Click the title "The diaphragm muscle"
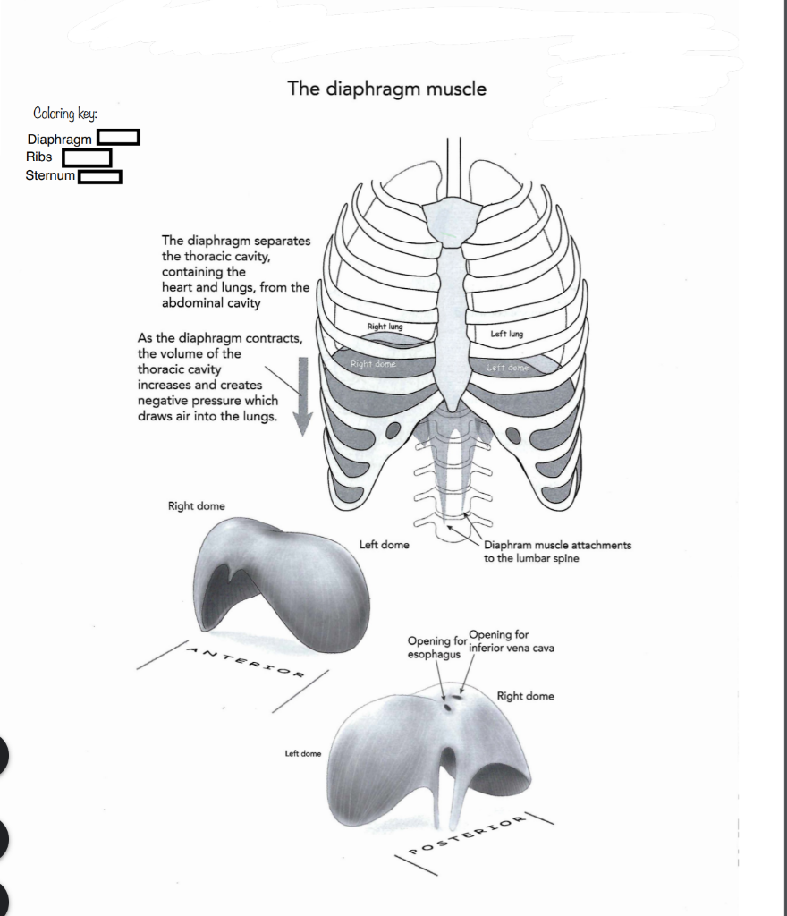[x=387, y=89]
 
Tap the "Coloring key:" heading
[x=65, y=114]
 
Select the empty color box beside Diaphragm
[x=119, y=138]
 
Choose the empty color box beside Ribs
[x=86, y=157]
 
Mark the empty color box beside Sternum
[x=100, y=176]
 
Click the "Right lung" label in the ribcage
[x=385, y=327]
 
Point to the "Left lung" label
[x=506, y=334]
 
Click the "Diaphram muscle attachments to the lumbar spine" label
[x=556, y=551]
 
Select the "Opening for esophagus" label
[x=436, y=647]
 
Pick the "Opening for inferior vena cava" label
[x=509, y=641]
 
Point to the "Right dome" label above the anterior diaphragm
[x=197, y=506]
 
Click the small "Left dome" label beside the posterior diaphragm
[x=302, y=753]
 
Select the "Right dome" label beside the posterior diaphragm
[x=525, y=696]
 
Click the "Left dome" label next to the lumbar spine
[x=384, y=544]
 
